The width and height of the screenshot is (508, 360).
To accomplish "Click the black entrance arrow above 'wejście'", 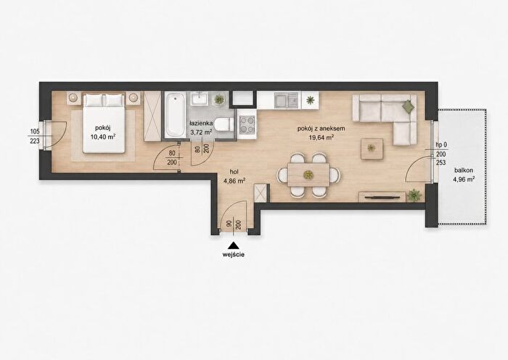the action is (233, 245).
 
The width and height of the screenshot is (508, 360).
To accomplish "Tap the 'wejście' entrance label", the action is (233, 254).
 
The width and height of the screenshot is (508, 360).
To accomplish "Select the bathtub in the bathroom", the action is (175, 115).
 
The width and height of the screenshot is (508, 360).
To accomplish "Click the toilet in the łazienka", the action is (224, 124).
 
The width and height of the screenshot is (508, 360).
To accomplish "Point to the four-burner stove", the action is (247, 124).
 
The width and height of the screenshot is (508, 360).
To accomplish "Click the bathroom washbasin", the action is (200, 98).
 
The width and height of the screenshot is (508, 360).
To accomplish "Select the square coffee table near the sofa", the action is (372, 148).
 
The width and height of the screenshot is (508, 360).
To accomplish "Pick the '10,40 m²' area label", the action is (103, 136).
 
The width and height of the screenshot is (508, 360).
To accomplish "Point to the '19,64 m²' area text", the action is (321, 137).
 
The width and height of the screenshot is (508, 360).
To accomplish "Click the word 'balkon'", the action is (464, 170).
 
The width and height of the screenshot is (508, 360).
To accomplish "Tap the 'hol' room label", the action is (234, 173).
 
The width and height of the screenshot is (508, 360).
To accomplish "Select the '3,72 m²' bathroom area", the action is (201, 132).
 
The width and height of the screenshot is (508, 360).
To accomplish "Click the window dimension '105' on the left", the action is (35, 131).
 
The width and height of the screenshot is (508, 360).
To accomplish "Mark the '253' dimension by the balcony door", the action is (441, 163).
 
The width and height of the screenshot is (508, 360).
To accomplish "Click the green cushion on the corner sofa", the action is (409, 106).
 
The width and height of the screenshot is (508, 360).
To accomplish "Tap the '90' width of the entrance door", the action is (229, 224).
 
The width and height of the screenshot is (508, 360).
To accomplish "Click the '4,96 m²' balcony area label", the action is (464, 179).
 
